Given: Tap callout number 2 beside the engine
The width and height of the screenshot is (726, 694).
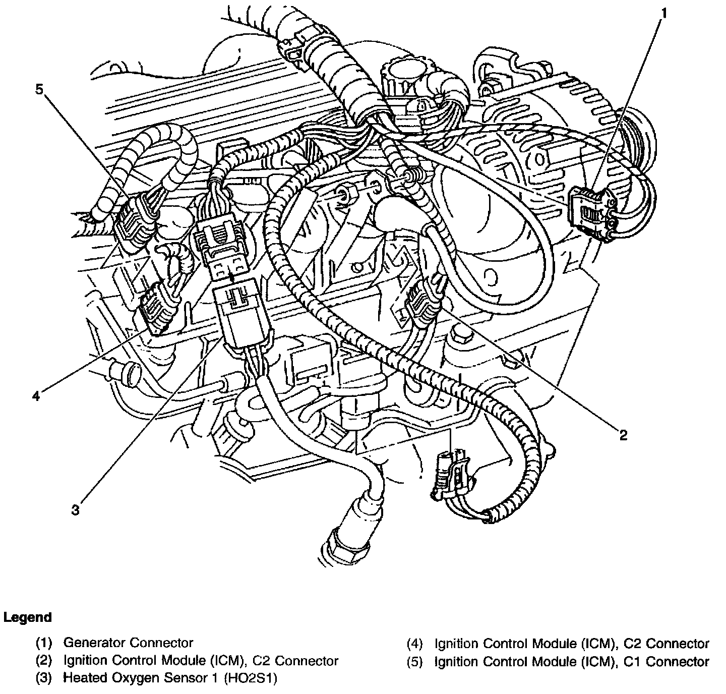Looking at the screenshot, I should [x=623, y=435].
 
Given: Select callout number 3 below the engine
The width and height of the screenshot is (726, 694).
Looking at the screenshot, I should [x=75, y=510].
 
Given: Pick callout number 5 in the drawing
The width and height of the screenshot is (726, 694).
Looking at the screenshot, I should [x=39, y=89].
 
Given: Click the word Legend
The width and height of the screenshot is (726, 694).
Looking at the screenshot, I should [x=27, y=618].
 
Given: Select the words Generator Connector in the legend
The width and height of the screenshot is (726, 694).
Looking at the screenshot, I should [x=128, y=643].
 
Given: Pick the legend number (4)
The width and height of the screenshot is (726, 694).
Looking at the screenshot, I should [x=416, y=644].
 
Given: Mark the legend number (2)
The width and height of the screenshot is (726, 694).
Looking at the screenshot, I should [x=44, y=661].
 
